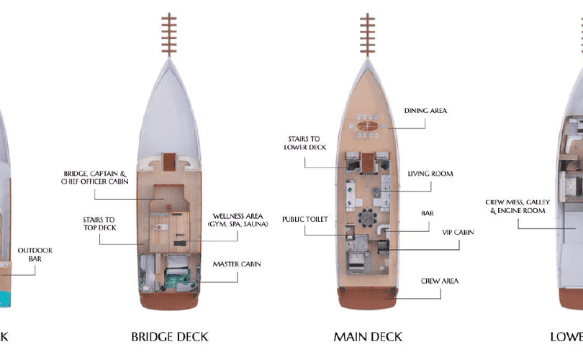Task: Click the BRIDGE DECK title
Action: (169, 336)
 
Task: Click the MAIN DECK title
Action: (368, 336)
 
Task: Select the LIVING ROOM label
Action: (430, 174)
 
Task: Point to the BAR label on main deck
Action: (428, 213)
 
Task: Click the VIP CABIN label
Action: (458, 233)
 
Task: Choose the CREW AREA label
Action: (439, 281)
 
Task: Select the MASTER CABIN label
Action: (237, 264)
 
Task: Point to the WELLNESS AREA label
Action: (240, 220)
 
